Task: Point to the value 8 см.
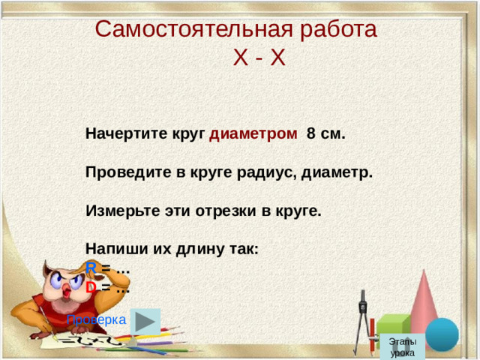click(325, 134)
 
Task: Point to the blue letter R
click(91, 268)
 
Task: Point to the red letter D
click(91, 286)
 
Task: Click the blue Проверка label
click(97, 319)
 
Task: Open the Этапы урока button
click(403, 346)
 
